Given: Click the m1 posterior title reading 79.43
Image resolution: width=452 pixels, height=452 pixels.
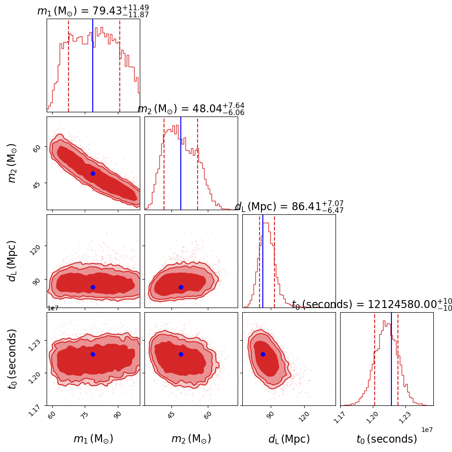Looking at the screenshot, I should (x=93, y=11).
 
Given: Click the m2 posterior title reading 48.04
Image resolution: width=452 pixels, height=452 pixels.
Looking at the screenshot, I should (x=191, y=109).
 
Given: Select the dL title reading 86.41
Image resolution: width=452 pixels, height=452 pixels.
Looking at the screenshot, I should (x=289, y=206).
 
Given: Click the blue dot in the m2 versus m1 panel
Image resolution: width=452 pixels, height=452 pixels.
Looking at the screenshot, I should (x=93, y=173).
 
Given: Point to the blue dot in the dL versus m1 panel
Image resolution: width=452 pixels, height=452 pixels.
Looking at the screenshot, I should (x=93, y=287).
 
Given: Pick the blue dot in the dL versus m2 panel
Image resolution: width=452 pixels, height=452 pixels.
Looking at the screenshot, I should (x=181, y=287).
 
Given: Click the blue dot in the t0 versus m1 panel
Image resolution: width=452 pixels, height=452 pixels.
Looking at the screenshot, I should (x=93, y=354).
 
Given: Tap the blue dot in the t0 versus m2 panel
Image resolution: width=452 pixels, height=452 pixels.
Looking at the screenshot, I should (x=181, y=354).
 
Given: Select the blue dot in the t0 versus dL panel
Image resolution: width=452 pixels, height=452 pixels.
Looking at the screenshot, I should (x=263, y=354).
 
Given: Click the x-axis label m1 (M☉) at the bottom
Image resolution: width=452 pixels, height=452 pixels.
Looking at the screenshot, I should (x=93, y=439).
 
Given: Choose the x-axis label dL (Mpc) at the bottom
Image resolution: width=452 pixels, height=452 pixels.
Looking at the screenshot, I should (x=289, y=439).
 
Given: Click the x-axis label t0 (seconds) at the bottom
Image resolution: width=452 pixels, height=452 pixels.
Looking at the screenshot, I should (x=387, y=439).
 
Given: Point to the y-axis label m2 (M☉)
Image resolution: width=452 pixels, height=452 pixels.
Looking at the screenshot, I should (x=13, y=163).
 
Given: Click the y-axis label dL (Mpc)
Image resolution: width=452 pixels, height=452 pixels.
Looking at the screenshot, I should (x=13, y=261).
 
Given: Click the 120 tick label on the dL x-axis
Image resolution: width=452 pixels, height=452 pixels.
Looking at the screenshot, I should (x=303, y=416).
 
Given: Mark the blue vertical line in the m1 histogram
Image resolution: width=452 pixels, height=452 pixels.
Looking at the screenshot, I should (x=93, y=65).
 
